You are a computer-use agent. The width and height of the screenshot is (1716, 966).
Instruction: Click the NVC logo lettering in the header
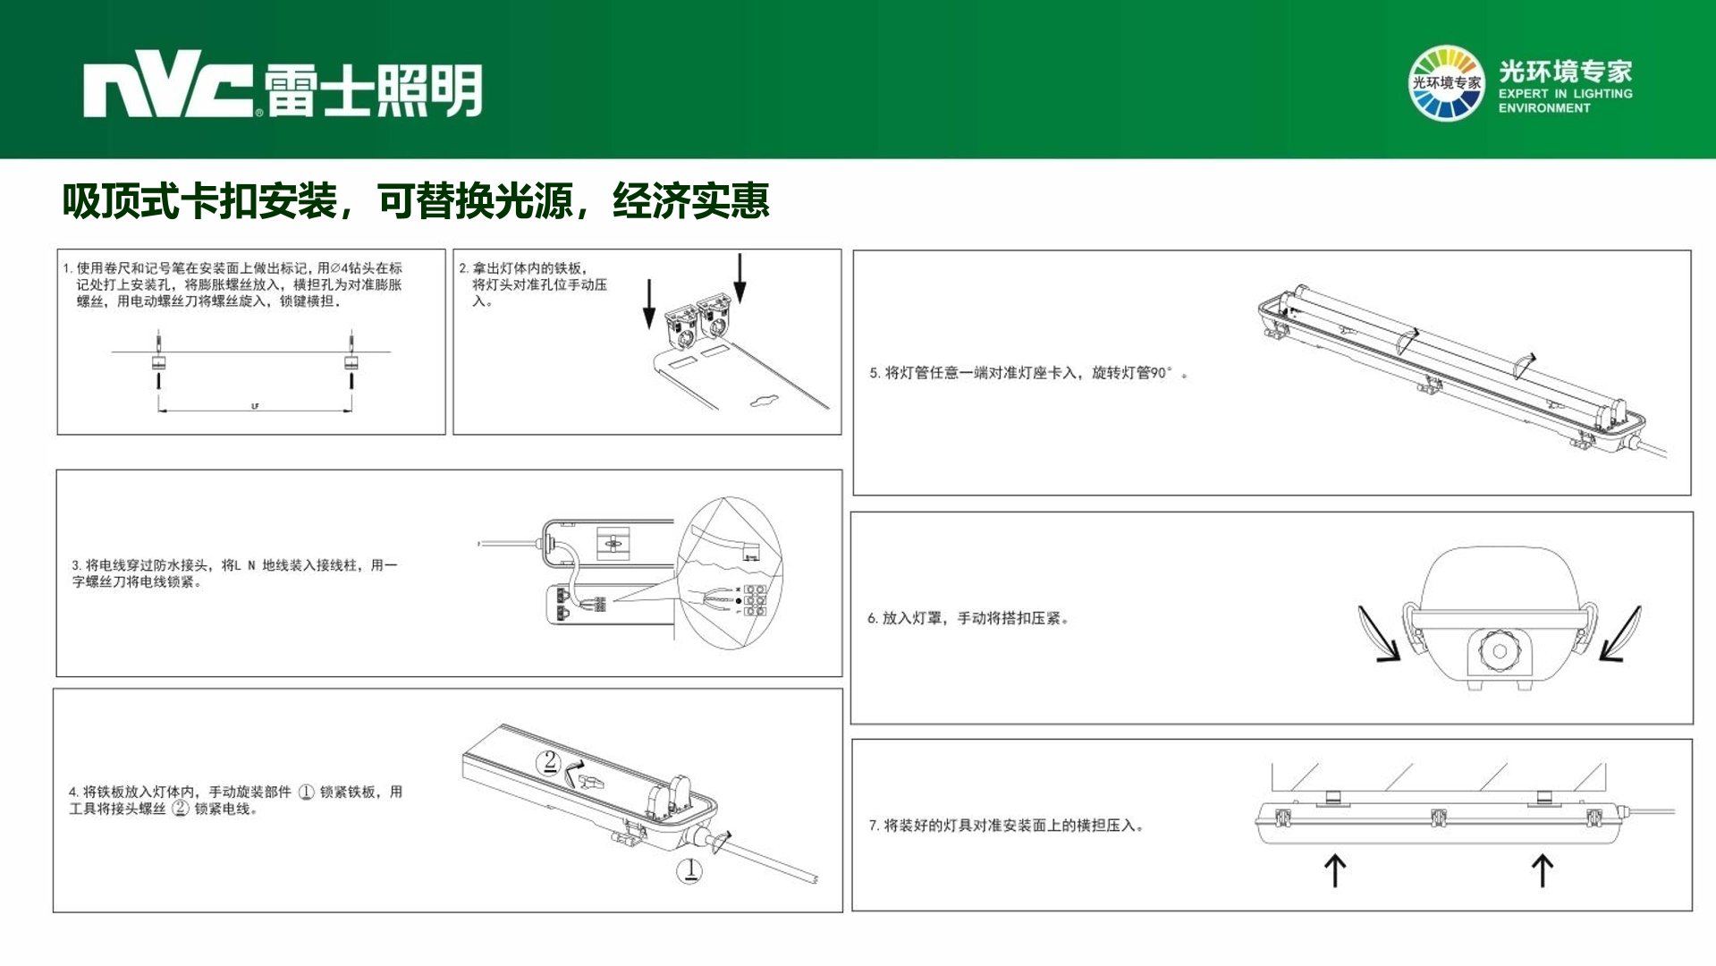[168, 89]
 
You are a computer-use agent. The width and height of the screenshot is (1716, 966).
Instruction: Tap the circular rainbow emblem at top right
[1446, 83]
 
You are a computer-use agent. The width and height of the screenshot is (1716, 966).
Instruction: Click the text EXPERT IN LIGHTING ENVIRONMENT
[1565, 100]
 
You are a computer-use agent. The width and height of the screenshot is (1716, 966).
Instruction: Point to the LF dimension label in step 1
[255, 407]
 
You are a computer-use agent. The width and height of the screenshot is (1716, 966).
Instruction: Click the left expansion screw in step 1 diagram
[158, 360]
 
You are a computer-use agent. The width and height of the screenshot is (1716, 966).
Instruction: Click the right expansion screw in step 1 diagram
[351, 360]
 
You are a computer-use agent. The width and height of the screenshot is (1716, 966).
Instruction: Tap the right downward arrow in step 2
[740, 278]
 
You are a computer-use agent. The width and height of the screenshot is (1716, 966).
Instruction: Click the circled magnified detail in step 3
[730, 573]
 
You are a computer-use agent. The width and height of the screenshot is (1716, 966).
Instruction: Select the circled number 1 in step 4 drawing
[689, 870]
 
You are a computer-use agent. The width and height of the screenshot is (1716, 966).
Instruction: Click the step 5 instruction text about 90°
[1028, 373]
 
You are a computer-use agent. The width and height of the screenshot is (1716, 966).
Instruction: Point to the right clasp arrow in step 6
[1620, 633]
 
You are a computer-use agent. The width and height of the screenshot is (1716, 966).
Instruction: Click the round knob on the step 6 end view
[1499, 651]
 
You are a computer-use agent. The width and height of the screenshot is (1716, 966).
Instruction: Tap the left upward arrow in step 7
[1335, 869]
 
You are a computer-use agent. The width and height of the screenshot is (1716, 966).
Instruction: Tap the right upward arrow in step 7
[1543, 869]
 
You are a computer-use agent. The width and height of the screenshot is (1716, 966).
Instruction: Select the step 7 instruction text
[1006, 826]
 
